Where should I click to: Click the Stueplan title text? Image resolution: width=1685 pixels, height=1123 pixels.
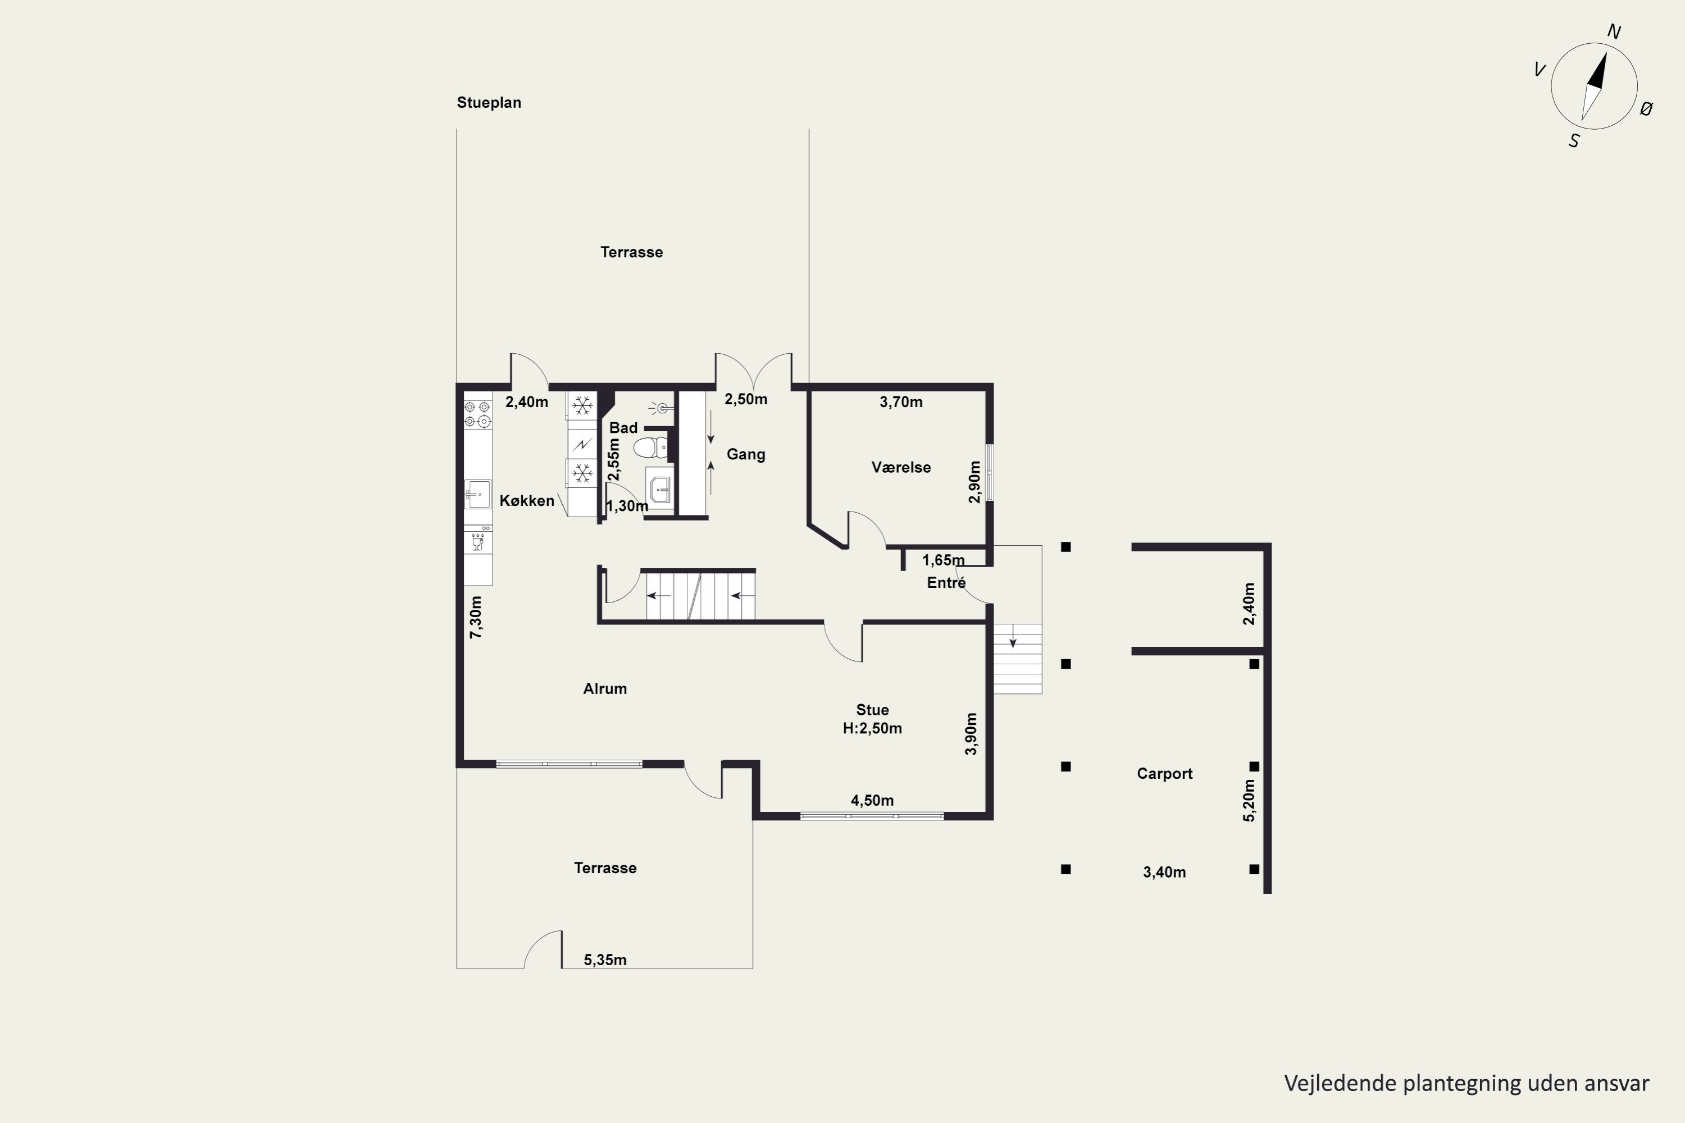[x=489, y=102]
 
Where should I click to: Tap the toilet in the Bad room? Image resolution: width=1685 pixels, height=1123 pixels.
[x=650, y=448]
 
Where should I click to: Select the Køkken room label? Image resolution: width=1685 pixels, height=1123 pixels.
[x=527, y=501]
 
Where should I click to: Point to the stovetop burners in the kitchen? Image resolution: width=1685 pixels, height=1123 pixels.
[x=477, y=414]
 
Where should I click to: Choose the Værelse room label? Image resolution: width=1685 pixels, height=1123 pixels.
[x=900, y=467]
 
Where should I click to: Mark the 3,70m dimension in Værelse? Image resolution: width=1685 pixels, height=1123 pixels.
[x=900, y=402]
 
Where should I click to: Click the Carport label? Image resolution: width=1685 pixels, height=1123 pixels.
[x=1164, y=774]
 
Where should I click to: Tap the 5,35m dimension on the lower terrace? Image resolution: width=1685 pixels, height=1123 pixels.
[x=605, y=960]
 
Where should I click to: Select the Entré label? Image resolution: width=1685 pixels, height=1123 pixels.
[x=946, y=582]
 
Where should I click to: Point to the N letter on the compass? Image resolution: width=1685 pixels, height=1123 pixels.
[x=1614, y=31]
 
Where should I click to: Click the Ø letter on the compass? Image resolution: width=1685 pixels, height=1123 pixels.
[x=1646, y=109]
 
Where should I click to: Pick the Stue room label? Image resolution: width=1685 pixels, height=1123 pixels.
[x=872, y=710]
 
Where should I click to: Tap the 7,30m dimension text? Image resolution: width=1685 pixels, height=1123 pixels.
[x=476, y=617]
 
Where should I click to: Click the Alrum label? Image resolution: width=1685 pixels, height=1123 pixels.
[x=605, y=688]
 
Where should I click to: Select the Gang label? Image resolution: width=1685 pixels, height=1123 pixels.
[x=746, y=454]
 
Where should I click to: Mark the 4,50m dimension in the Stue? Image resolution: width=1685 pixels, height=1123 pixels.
[x=872, y=800]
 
